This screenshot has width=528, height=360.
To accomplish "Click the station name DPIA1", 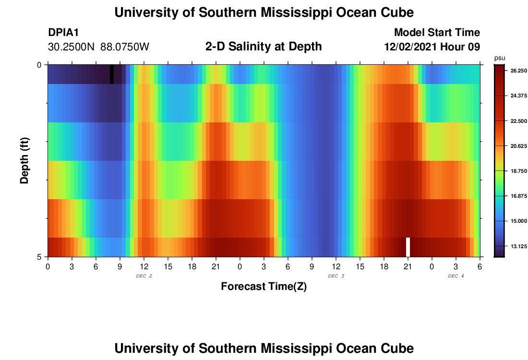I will click(x=63, y=33).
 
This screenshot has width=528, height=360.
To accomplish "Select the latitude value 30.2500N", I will click(x=72, y=47).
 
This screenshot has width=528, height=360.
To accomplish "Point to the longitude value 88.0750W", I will click(x=125, y=47).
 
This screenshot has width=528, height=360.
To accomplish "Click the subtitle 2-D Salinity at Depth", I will click(x=264, y=47).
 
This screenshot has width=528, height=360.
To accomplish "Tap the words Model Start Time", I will click(x=437, y=33).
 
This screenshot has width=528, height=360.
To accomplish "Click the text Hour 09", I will click(x=463, y=47).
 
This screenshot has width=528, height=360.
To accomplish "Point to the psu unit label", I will click(x=500, y=58).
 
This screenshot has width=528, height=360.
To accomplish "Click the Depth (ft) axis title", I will click(x=25, y=160).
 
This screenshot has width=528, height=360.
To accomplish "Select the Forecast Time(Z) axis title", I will click(x=264, y=287).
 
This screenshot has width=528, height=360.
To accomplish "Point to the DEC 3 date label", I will click(x=336, y=276).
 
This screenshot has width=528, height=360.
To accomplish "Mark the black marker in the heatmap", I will click(x=112, y=74).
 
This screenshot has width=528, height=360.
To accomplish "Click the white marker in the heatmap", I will click(x=408, y=247).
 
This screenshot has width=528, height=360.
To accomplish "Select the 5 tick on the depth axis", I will click(x=39, y=257).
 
